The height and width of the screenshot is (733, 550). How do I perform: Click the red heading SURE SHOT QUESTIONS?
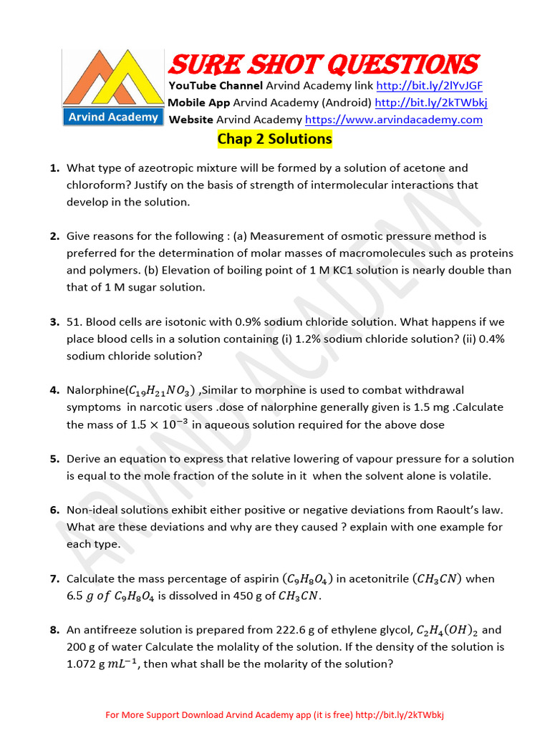323,65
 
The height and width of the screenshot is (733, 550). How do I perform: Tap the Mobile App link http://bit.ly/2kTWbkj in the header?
428,102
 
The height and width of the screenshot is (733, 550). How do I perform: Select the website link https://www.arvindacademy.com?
393,120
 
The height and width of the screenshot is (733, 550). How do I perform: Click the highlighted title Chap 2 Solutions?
274,139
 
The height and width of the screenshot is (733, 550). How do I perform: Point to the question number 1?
54,168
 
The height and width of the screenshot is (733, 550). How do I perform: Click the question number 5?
54,459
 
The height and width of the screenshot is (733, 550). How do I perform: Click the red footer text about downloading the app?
275,715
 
